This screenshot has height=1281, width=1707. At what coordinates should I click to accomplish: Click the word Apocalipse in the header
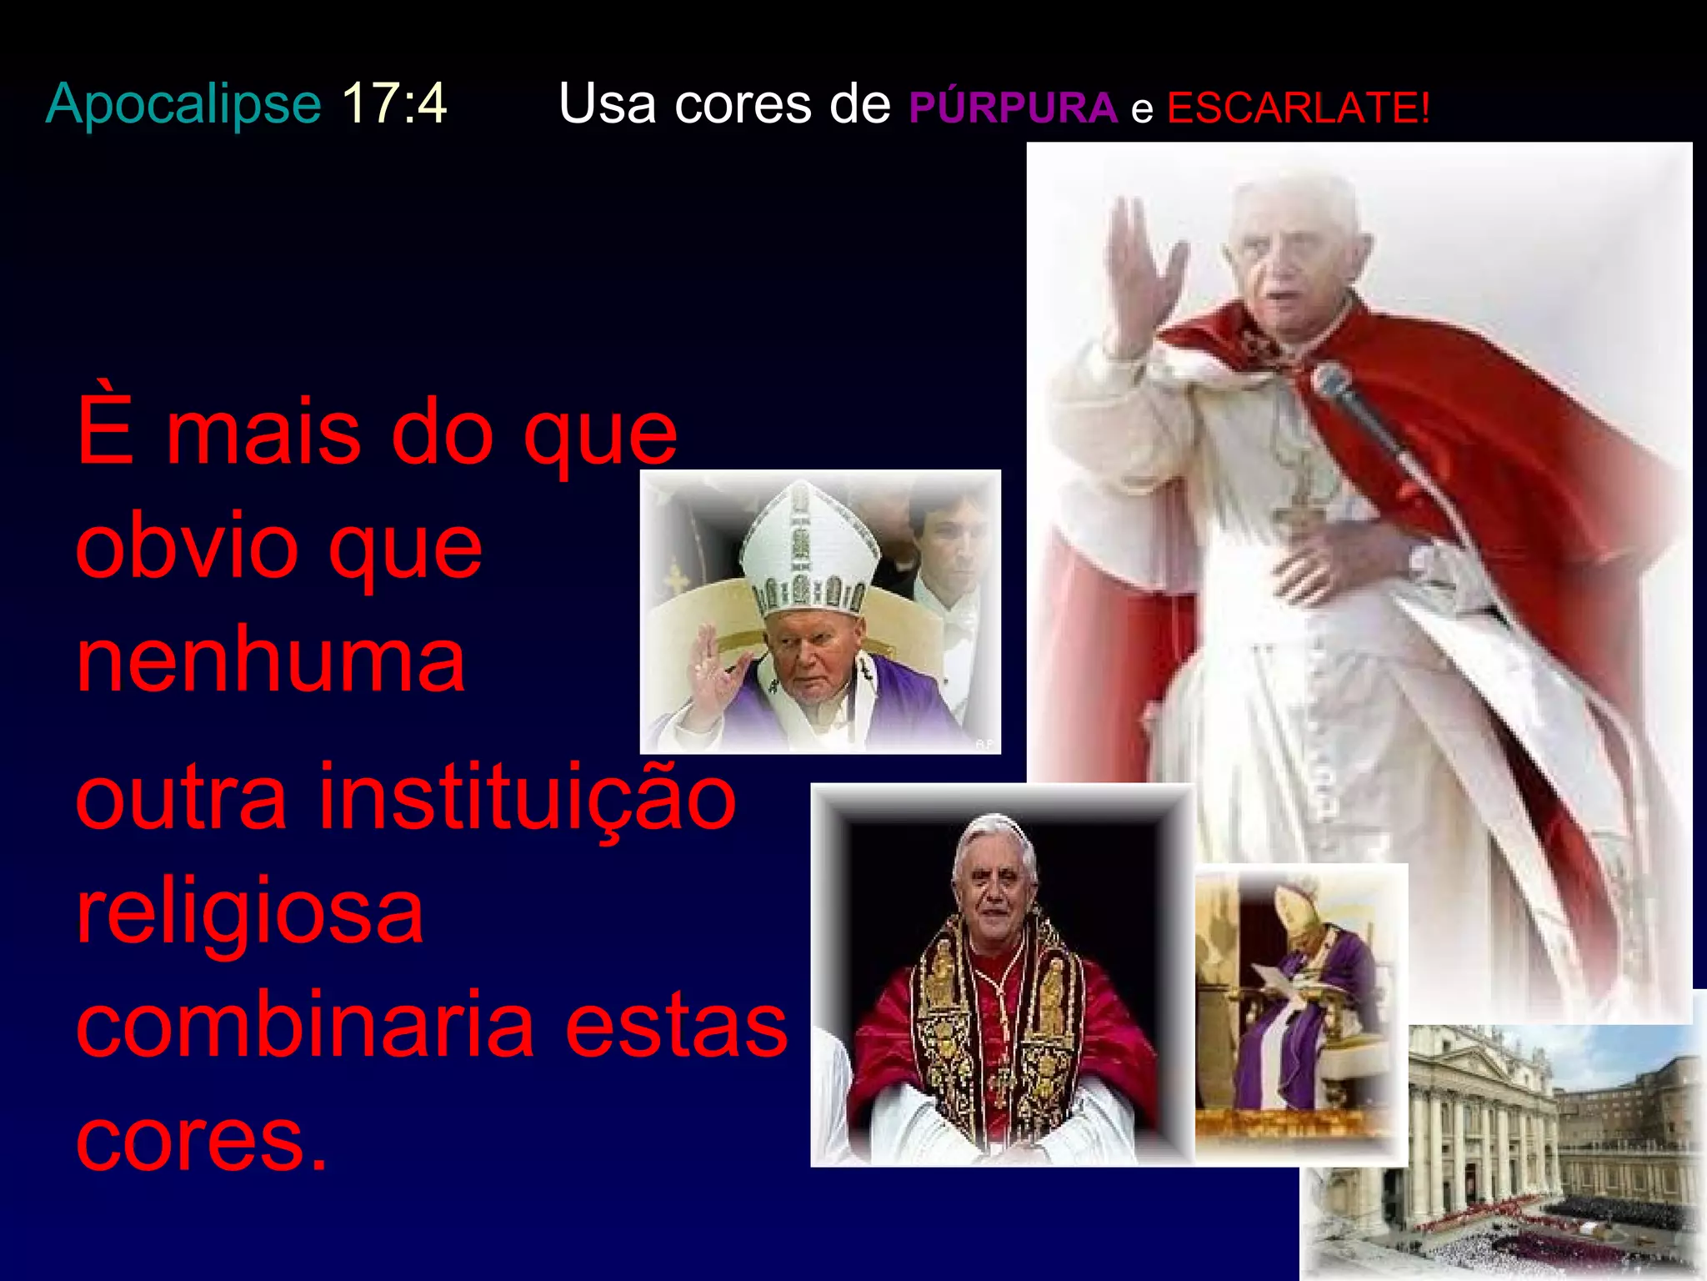[x=183, y=104]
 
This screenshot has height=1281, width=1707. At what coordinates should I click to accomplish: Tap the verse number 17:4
[x=394, y=104]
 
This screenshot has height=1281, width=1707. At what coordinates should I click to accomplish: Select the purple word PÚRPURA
[x=1012, y=108]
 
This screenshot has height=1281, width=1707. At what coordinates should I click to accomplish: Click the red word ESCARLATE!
[x=1298, y=108]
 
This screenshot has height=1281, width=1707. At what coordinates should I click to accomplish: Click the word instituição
[x=528, y=798]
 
